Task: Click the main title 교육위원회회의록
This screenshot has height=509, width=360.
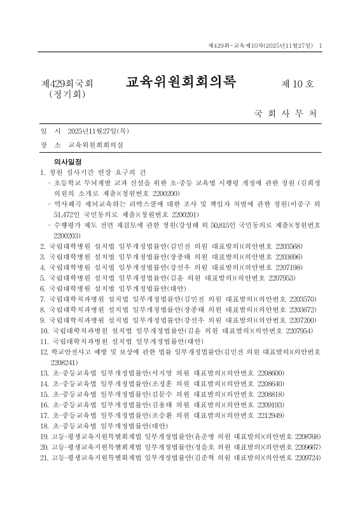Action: coord(180,83)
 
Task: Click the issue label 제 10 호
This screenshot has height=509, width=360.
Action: coord(298,84)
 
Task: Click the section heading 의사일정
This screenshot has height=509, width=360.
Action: coord(68,162)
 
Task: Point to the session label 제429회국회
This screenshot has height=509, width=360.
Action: coord(67,84)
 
